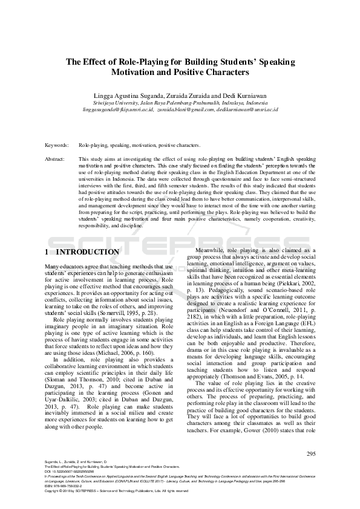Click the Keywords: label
(57, 146)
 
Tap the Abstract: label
(57, 160)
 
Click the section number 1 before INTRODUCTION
(48, 251)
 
